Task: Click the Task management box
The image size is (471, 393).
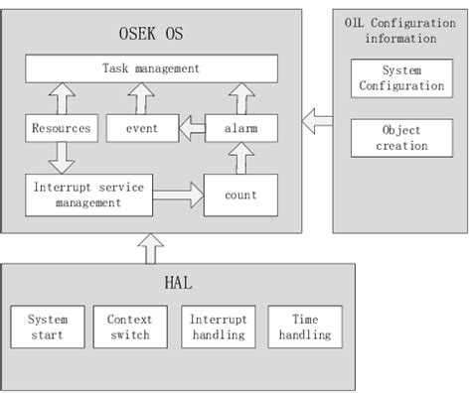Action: [x=150, y=69]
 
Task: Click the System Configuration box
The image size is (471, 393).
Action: [x=400, y=79]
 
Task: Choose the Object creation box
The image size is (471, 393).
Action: [x=400, y=138]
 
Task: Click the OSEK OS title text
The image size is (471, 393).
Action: [x=151, y=34]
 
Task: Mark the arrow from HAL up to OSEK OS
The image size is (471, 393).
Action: [x=151, y=248]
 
